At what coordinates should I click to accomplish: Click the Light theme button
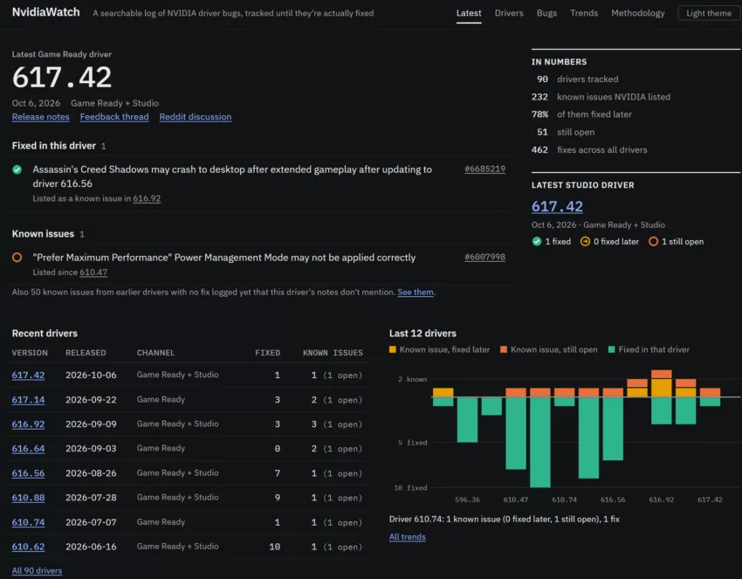(709, 13)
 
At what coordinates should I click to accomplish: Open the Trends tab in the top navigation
(583, 13)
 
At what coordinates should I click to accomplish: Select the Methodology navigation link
(637, 13)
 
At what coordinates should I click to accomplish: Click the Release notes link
(41, 117)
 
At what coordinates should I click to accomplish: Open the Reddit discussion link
(196, 117)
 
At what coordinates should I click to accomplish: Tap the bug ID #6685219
(484, 169)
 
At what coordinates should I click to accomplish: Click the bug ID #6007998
(484, 257)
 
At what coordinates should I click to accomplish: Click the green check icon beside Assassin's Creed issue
(17, 169)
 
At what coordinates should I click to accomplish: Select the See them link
(416, 292)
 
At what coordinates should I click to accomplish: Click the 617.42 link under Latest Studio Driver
(557, 206)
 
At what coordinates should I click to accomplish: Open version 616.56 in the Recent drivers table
(29, 473)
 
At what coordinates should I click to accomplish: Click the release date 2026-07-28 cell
(91, 498)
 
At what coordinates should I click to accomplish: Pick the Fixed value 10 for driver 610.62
(274, 547)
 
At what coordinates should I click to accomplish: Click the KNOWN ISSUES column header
(333, 353)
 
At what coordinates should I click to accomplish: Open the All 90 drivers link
(37, 570)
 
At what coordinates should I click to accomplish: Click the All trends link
(407, 537)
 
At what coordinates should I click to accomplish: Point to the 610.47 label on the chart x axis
(516, 500)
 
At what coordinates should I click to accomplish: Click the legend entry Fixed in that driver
(649, 349)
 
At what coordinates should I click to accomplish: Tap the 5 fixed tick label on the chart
(413, 443)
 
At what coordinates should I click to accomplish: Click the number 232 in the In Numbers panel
(539, 97)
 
